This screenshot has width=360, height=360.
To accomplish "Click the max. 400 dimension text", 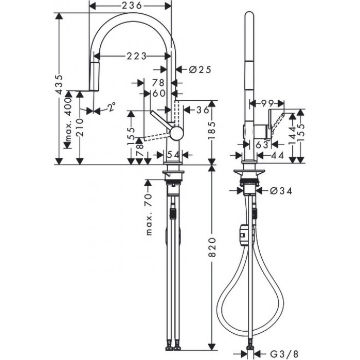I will [67, 123].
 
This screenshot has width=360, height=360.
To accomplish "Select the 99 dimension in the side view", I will [267, 103].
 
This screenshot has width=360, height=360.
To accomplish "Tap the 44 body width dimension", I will [279, 155].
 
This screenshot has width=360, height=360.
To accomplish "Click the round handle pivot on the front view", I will [176, 133].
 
